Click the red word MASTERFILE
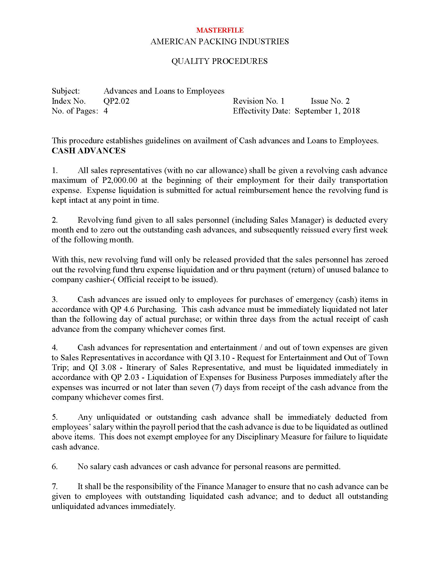point(220,30)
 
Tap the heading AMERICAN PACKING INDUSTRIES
point(219,42)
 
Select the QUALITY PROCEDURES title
point(219,61)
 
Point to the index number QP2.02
point(116,101)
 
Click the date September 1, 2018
point(327,111)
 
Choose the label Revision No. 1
point(259,101)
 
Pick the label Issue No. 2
point(330,101)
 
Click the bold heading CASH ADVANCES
point(89,151)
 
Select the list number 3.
point(54,300)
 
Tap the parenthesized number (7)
point(217,387)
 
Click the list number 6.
point(54,467)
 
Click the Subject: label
point(66,91)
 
